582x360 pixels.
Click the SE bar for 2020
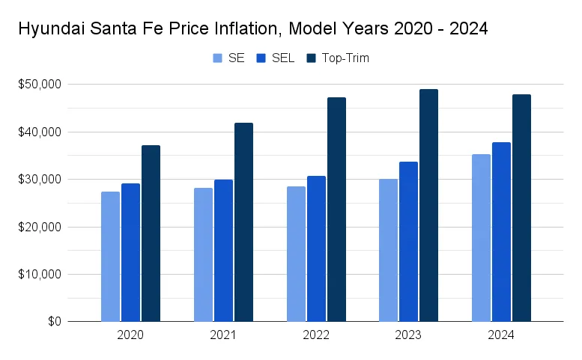[110, 257]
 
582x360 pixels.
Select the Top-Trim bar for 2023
[428, 206]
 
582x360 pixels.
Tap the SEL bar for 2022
[316, 248]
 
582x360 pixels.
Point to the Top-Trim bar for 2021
[243, 222]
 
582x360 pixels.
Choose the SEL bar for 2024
[501, 232]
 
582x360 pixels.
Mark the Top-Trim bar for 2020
[151, 234]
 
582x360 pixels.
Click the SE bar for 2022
[296, 254]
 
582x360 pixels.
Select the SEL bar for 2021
[223, 251]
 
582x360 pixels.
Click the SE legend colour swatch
[218, 58]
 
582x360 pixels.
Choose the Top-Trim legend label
[345, 58]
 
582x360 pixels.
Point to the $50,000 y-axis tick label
[40, 85]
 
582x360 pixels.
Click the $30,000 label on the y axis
[40, 180]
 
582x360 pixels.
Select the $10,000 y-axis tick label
[40, 274]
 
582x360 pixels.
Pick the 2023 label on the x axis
[408, 335]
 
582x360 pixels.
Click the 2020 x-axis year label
[130, 335]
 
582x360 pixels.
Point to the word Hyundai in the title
[47, 29]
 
